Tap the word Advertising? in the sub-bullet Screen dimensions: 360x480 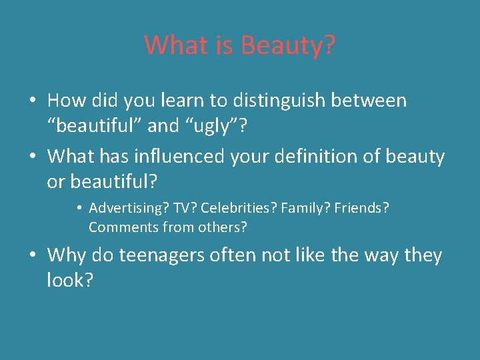click(x=129, y=208)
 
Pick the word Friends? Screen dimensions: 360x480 click(x=362, y=208)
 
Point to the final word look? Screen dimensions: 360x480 click(x=70, y=280)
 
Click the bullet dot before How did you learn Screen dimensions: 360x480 click(x=32, y=101)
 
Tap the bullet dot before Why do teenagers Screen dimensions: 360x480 click(x=32, y=256)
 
